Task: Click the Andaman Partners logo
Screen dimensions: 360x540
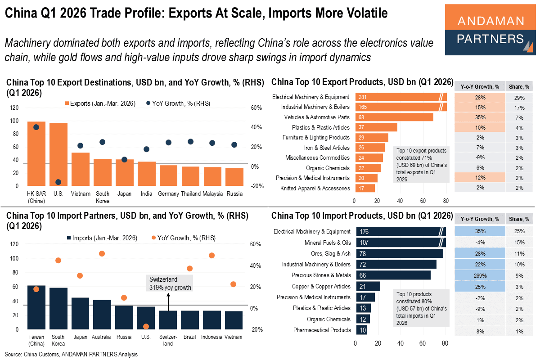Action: click(490, 30)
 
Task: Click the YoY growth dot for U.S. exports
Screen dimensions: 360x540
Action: click(58, 182)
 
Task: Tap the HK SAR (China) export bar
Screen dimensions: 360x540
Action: click(36, 153)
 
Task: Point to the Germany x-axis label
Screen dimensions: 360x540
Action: click(168, 194)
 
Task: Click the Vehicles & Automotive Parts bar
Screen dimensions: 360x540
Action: click(394, 117)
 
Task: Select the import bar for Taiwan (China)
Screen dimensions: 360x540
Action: click(36, 307)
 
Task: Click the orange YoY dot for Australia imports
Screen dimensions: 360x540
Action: click(102, 254)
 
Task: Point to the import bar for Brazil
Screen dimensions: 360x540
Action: click(190, 319)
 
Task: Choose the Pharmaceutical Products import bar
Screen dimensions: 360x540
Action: click(361, 330)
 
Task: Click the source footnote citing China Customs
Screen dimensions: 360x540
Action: click(71, 354)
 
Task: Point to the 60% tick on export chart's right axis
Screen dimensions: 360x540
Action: click(256, 108)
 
